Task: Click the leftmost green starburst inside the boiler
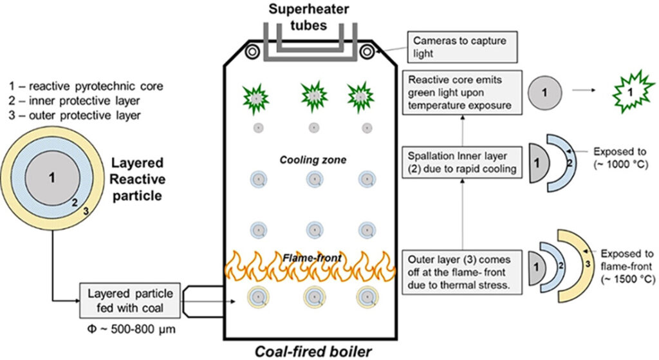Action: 256,98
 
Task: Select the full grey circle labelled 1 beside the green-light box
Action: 544,93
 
